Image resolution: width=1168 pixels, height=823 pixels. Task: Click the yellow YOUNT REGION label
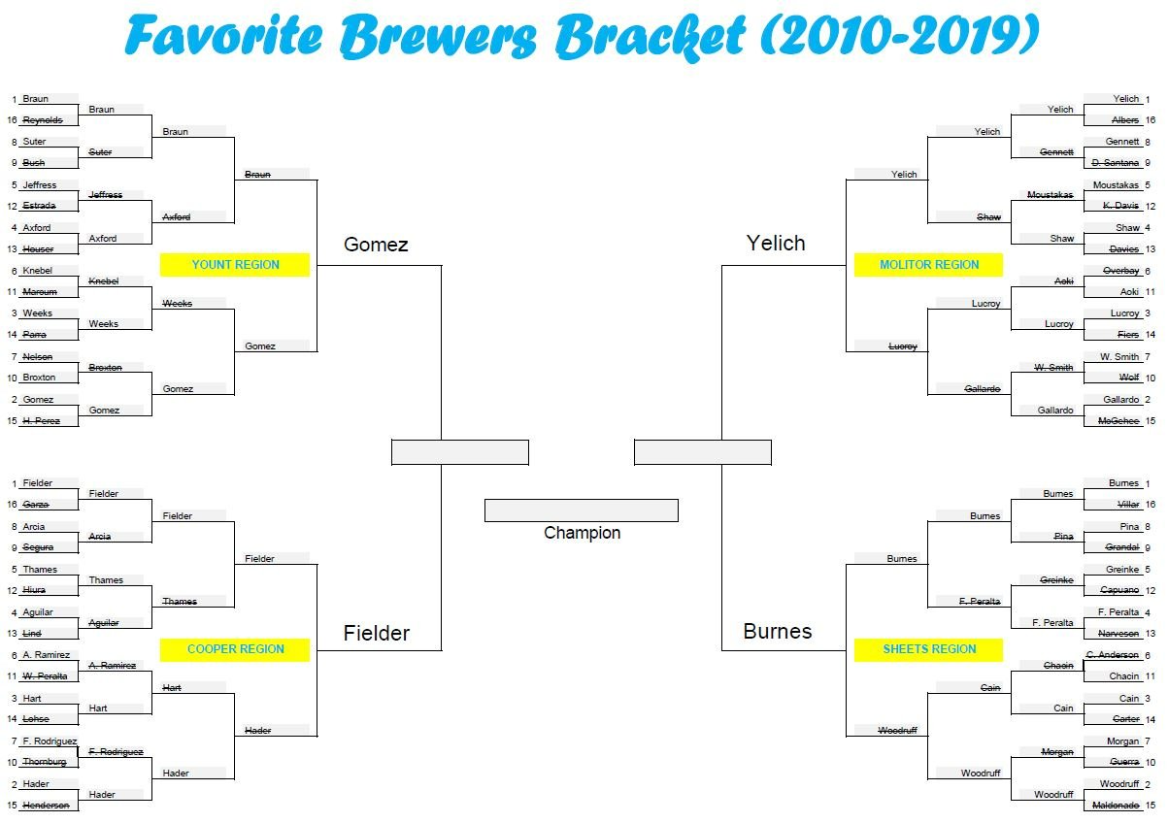pyautogui.click(x=235, y=265)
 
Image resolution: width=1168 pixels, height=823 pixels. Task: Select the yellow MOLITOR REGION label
pyautogui.click(x=928, y=265)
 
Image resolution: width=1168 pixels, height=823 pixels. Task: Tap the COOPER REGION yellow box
pyautogui.click(x=235, y=649)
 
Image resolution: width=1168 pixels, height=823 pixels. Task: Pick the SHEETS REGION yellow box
pyautogui.click(x=928, y=649)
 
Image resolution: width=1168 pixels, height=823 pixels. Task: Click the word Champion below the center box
pyautogui.click(x=582, y=533)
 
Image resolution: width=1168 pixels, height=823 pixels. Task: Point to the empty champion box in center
pyautogui.click(x=581, y=510)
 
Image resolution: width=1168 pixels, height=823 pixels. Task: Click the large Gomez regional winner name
pyautogui.click(x=376, y=245)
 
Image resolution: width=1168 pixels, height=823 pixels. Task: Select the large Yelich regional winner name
pyautogui.click(x=776, y=244)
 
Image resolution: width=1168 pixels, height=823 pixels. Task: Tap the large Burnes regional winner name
pyautogui.click(x=777, y=632)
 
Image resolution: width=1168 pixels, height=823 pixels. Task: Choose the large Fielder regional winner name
pyautogui.click(x=377, y=634)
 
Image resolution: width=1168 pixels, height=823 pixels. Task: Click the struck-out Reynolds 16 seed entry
pyautogui.click(x=43, y=120)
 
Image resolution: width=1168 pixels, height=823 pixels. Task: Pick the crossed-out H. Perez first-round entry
pyautogui.click(x=42, y=421)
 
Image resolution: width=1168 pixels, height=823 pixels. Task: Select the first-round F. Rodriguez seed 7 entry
pyautogui.click(x=50, y=741)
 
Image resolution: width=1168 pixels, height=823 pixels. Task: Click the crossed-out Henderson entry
pyautogui.click(x=46, y=806)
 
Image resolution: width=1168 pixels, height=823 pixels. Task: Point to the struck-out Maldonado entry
pyautogui.click(x=1117, y=806)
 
